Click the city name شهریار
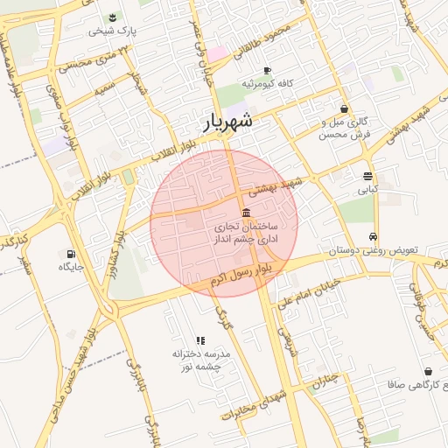click(x=228, y=122)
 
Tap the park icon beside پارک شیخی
click(x=113, y=17)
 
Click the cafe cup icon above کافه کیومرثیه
click(x=267, y=70)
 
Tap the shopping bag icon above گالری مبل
click(x=344, y=109)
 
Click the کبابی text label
click(x=367, y=188)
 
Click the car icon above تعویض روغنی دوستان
click(x=374, y=237)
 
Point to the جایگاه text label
click(x=70, y=267)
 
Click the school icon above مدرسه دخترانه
click(x=200, y=340)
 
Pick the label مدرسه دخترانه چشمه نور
click(x=201, y=360)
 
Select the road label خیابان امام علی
click(x=315, y=292)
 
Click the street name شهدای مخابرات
click(x=250, y=406)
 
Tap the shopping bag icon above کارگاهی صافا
click(x=427, y=371)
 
